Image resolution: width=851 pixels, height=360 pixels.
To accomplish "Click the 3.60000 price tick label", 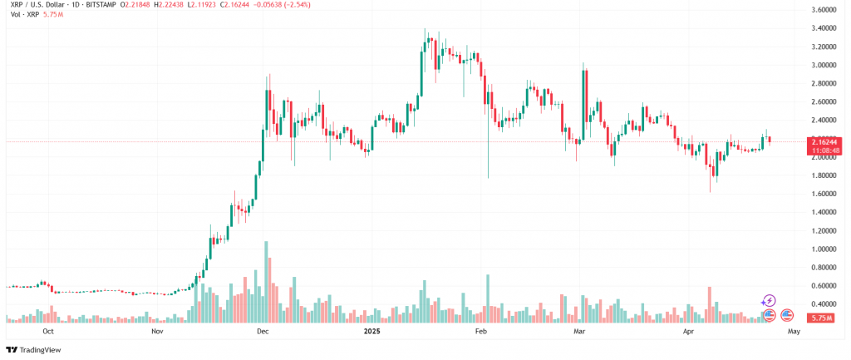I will point(823,11).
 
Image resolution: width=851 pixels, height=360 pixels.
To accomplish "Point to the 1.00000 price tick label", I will point(823,249).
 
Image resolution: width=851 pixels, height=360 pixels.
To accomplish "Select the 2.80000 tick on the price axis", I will point(823,84).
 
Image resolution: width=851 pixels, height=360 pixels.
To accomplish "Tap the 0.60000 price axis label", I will point(823,285).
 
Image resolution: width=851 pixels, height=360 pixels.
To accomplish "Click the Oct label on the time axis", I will point(48,331).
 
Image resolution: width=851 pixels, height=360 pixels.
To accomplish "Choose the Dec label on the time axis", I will point(263,331).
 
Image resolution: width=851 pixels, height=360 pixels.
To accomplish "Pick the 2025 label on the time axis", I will point(371,331).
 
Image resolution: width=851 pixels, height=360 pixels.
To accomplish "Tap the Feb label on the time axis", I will point(480,331).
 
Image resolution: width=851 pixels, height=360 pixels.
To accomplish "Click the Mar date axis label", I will point(579,331).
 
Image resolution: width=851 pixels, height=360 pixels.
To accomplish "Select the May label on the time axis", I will point(793,331).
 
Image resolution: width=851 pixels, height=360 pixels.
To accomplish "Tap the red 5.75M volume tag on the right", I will point(823,318).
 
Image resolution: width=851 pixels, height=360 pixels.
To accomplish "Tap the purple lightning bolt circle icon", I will point(769,300).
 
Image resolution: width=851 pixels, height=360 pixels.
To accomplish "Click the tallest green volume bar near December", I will point(266,283).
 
